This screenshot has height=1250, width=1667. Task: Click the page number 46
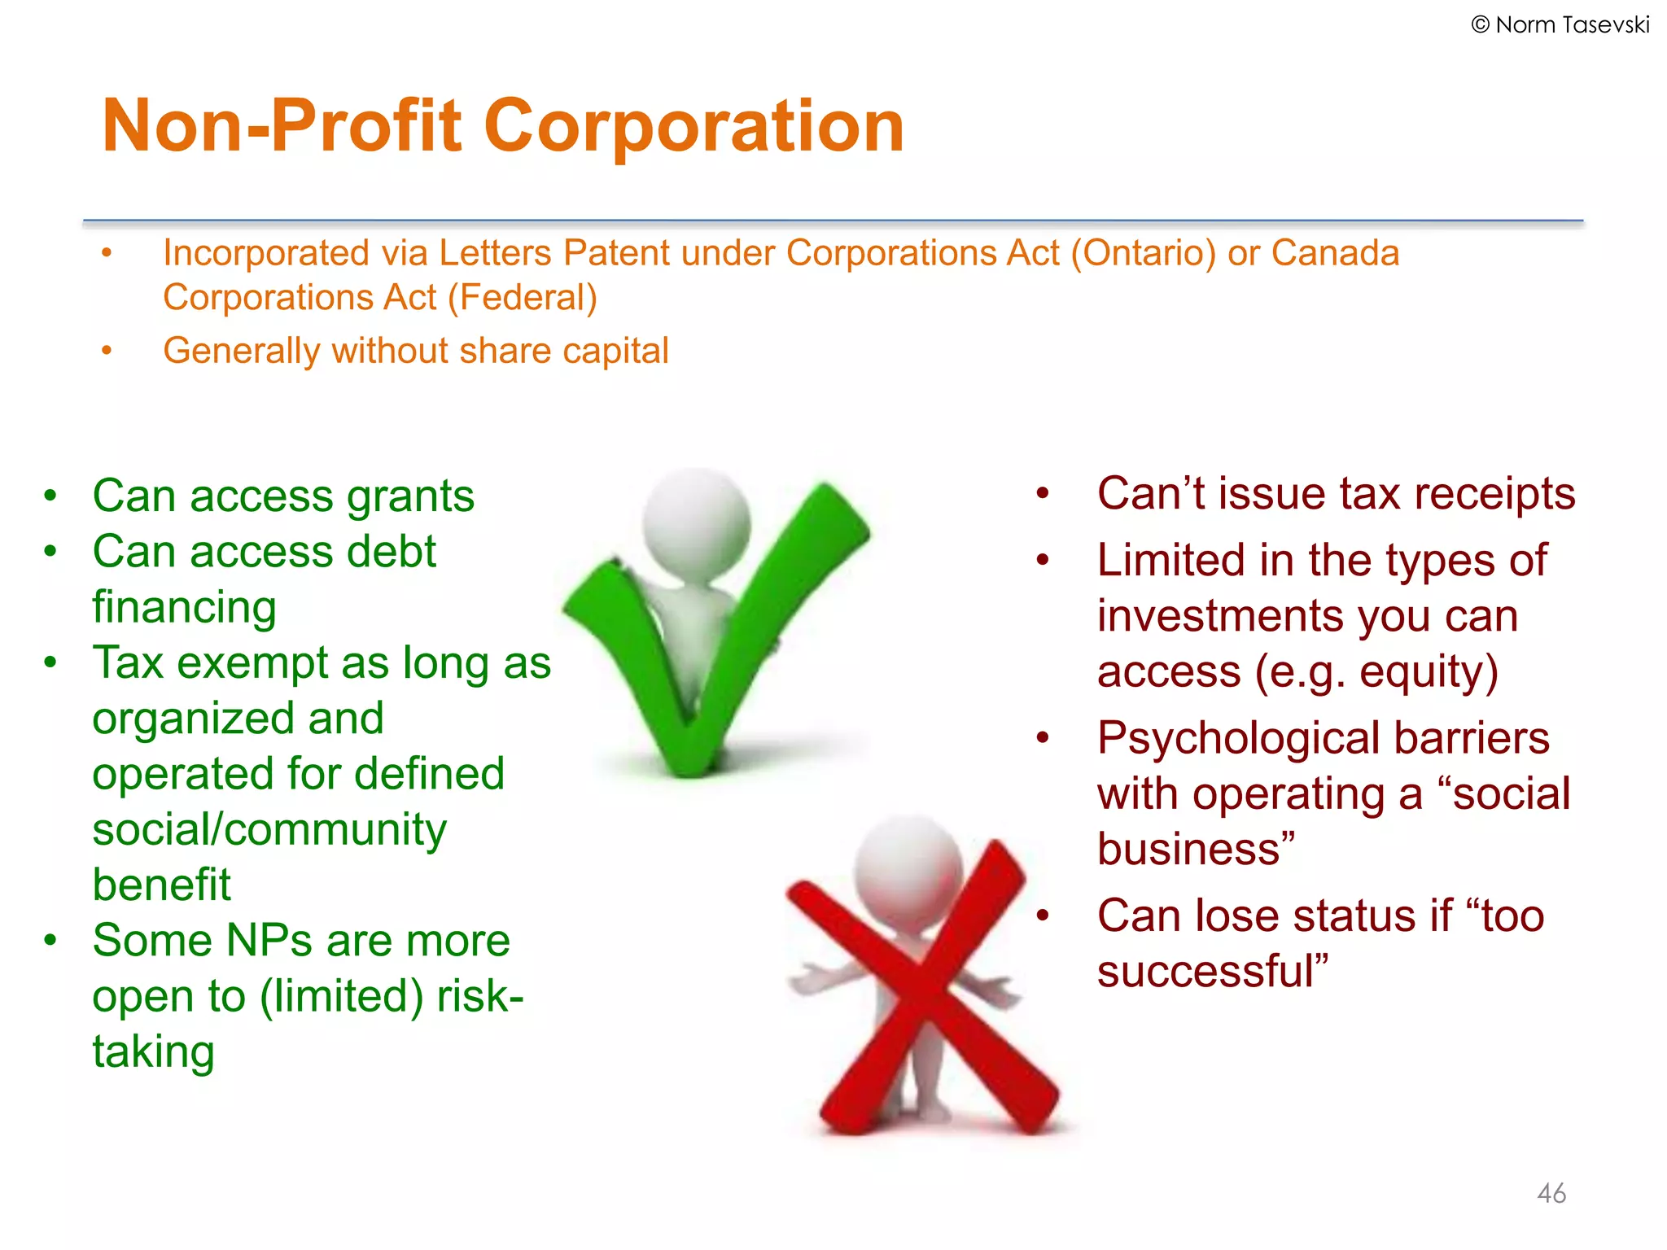click(1551, 1193)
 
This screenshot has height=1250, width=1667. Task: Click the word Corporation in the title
click(693, 126)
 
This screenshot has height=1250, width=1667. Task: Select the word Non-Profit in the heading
click(282, 126)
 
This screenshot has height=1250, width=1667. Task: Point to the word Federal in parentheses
click(523, 298)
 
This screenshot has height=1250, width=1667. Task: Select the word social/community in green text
click(269, 829)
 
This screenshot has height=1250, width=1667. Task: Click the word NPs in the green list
click(269, 941)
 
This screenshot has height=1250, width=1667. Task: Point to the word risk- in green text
click(479, 996)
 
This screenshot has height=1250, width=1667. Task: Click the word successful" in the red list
click(1212, 972)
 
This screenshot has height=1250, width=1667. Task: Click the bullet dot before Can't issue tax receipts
click(1043, 493)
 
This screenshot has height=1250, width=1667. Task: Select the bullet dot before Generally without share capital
click(106, 351)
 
